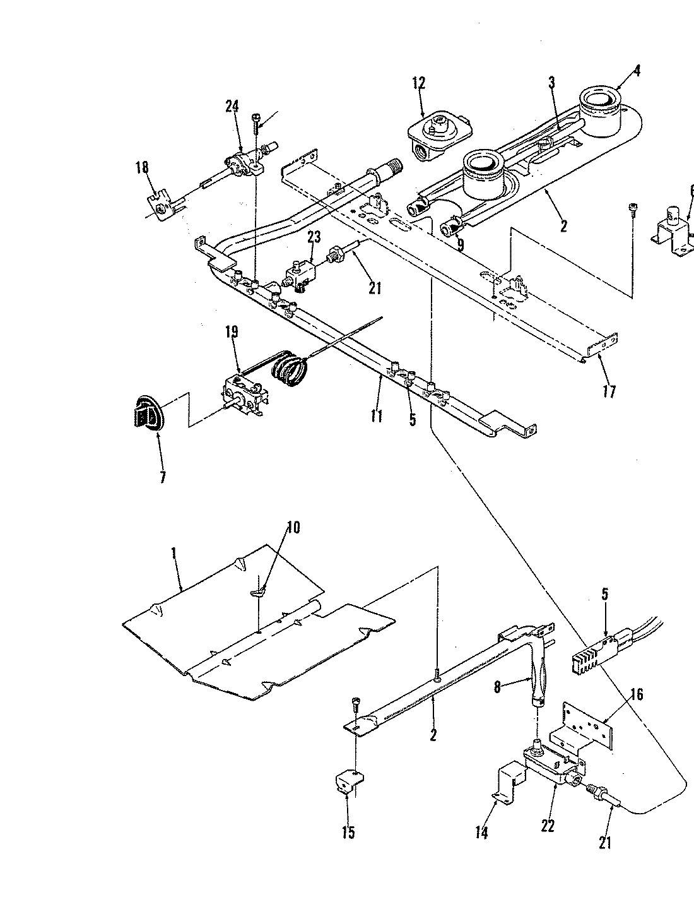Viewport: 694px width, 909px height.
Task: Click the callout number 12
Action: (419, 83)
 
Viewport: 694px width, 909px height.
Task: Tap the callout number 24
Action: (232, 107)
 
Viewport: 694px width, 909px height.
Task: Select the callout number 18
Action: (142, 167)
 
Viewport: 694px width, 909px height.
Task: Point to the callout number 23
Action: (314, 237)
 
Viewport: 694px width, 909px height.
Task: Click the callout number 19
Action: (232, 332)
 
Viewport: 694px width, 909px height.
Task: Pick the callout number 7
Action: (163, 477)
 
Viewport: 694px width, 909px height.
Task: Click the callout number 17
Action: (609, 392)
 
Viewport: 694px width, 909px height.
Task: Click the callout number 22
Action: (548, 826)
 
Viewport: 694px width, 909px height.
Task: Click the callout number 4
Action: (637, 71)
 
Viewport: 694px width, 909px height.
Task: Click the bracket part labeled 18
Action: (162, 205)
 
